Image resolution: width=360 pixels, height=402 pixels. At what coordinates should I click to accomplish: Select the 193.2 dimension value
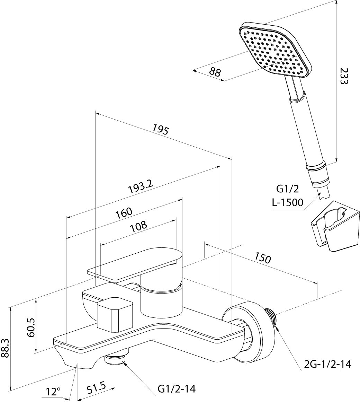140,187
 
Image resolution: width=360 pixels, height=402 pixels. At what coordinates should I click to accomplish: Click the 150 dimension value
262,258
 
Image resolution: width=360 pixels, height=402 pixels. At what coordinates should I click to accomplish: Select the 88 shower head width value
215,71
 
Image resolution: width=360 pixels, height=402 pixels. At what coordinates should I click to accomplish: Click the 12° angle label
53,392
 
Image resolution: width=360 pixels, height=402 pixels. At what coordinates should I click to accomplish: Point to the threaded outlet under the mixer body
115,360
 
